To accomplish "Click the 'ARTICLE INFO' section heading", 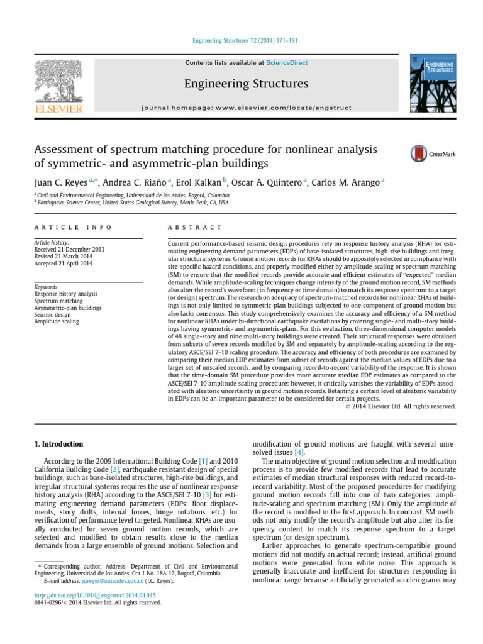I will [x=73, y=227].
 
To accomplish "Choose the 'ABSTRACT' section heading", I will [x=196, y=227].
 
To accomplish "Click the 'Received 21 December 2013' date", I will [x=69, y=250].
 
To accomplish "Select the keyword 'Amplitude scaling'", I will [x=57, y=321].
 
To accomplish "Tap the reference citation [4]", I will [x=300, y=452].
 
